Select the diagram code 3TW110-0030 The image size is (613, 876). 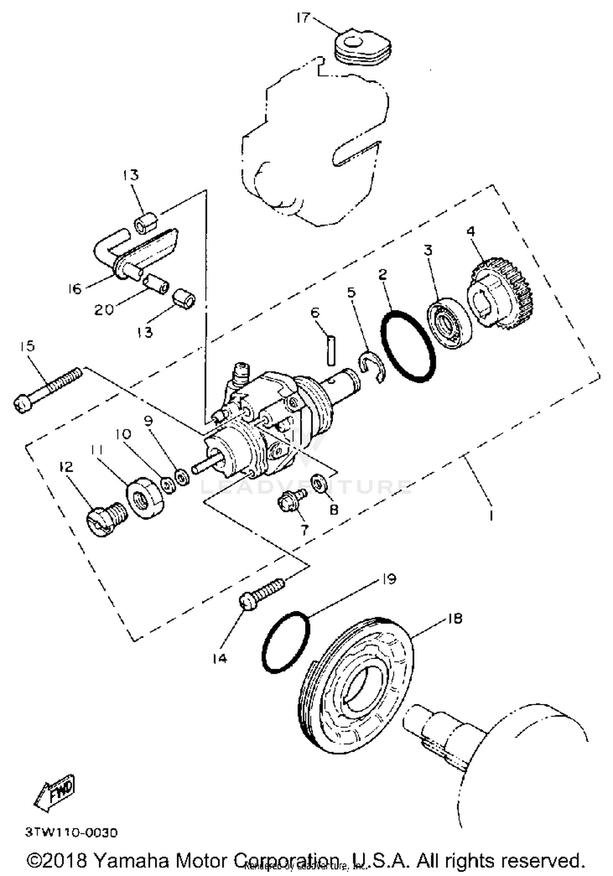72,832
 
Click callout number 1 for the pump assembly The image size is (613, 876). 491,516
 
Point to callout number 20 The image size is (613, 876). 104,309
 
